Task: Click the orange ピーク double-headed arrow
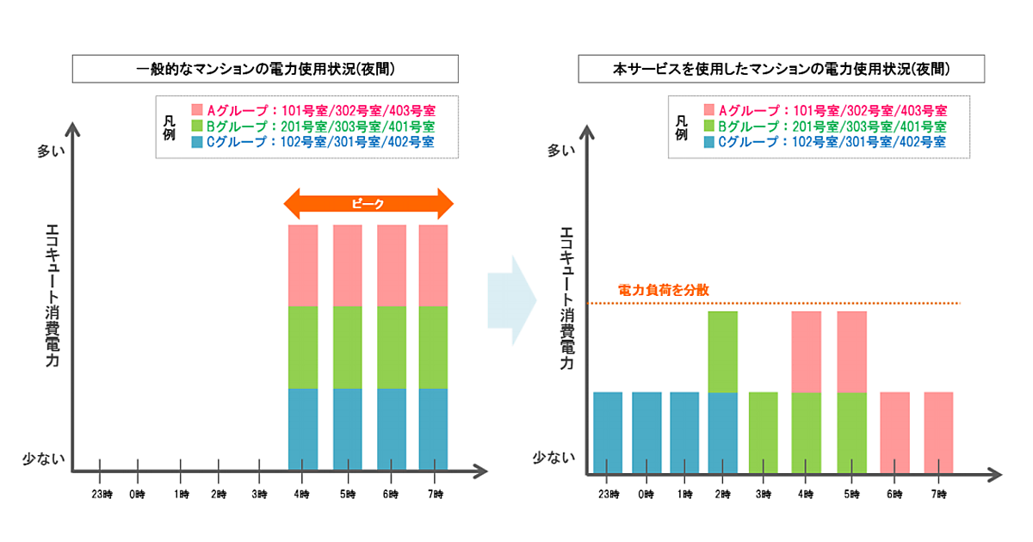pyautogui.click(x=368, y=205)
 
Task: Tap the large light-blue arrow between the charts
pyautogui.click(x=511, y=300)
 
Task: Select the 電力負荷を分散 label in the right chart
pyautogui.click(x=664, y=291)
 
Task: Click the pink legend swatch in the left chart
pyautogui.click(x=197, y=111)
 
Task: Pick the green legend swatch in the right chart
pyautogui.click(x=709, y=126)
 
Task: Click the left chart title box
pyautogui.click(x=265, y=68)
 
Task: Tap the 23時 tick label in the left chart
pyautogui.click(x=100, y=494)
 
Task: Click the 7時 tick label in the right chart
pyautogui.click(x=939, y=494)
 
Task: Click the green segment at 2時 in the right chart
pyautogui.click(x=723, y=351)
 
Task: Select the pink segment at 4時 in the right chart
pyautogui.click(x=807, y=351)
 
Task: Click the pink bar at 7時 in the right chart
pyautogui.click(x=938, y=432)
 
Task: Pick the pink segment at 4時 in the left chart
pyautogui.click(x=303, y=265)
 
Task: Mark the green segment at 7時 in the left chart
pyautogui.click(x=434, y=347)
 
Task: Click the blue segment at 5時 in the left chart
pyautogui.click(x=348, y=429)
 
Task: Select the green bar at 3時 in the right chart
pyautogui.click(x=764, y=432)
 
